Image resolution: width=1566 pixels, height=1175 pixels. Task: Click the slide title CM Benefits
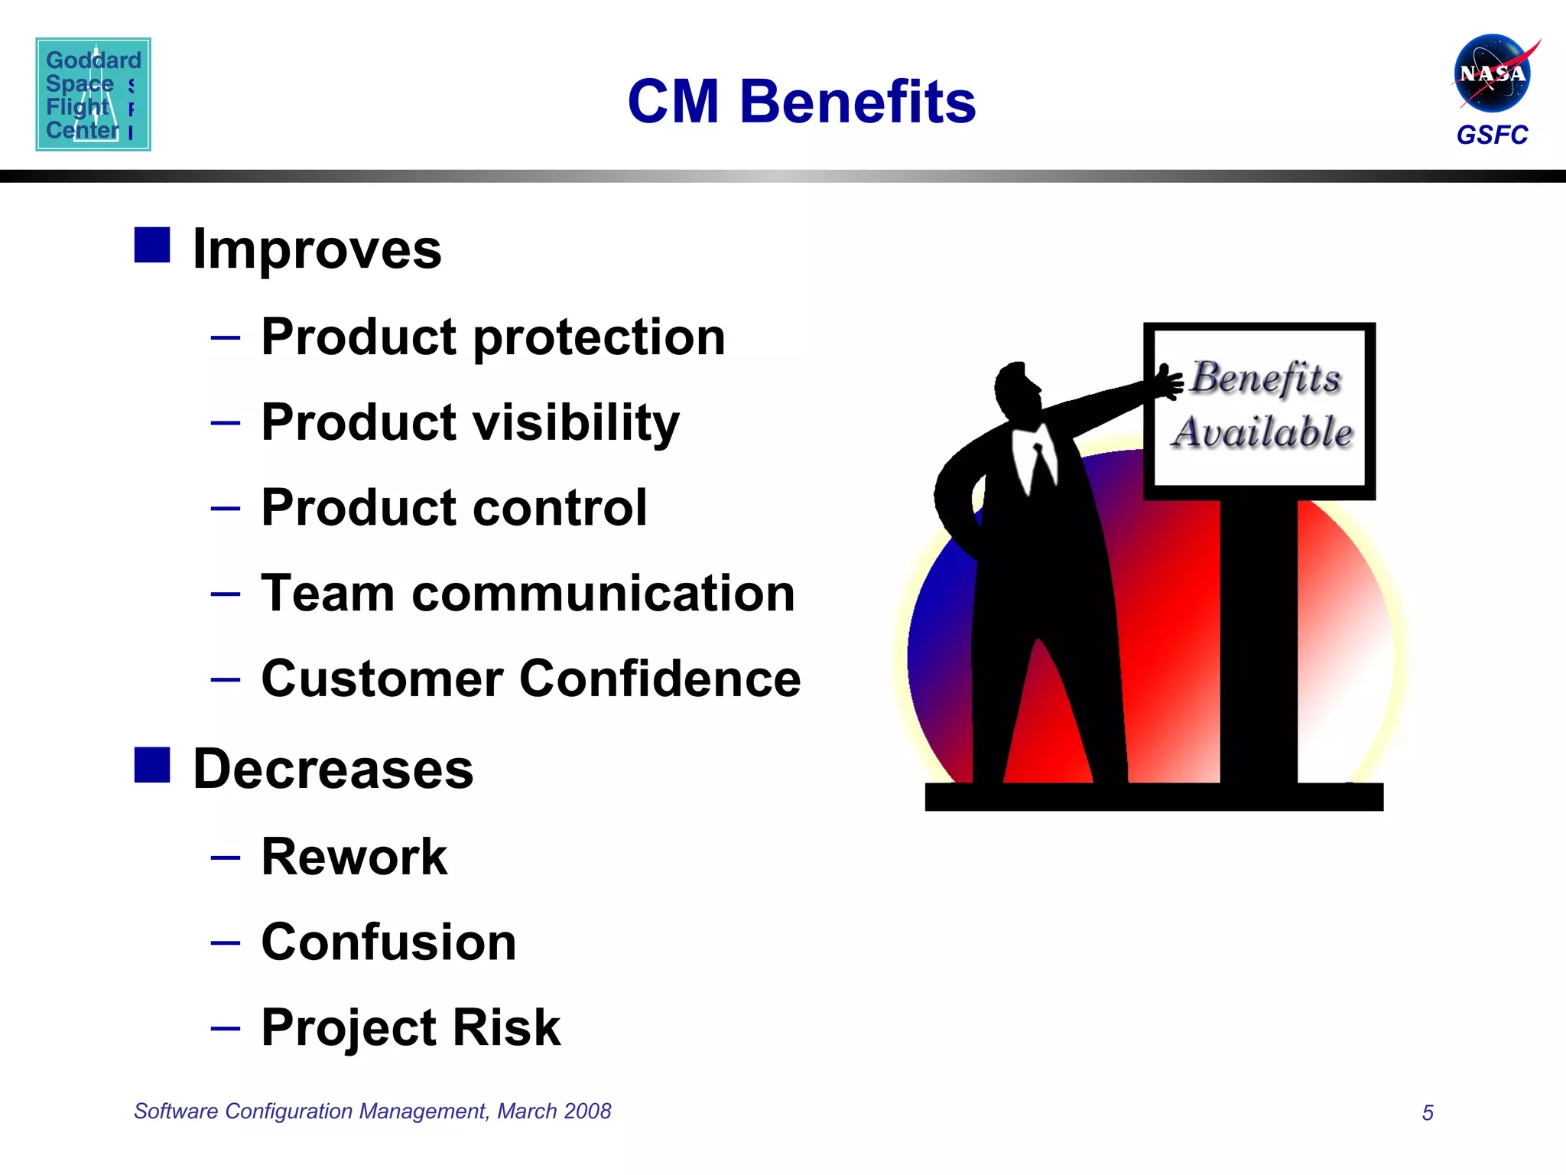pyautogui.click(x=801, y=102)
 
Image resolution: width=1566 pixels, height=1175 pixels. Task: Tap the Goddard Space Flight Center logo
pyautogui.click(x=93, y=94)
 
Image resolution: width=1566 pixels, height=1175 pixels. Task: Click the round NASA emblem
pyautogui.click(x=1491, y=73)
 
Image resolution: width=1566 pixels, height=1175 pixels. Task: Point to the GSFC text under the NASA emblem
pyautogui.click(x=1491, y=135)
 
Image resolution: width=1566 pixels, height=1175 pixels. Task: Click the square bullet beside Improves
pyautogui.click(x=152, y=245)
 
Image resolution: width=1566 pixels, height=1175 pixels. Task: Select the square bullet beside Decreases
pyautogui.click(x=152, y=765)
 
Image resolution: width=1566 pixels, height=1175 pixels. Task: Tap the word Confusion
pyautogui.click(x=388, y=942)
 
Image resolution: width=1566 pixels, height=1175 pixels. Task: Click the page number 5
pyautogui.click(x=1427, y=1112)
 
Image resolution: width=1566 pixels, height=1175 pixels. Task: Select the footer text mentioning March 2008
pyautogui.click(x=372, y=1111)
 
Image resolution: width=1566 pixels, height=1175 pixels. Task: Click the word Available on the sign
pyautogui.click(x=1262, y=432)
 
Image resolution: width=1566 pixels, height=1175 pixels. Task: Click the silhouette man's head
pyautogui.click(x=1017, y=390)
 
